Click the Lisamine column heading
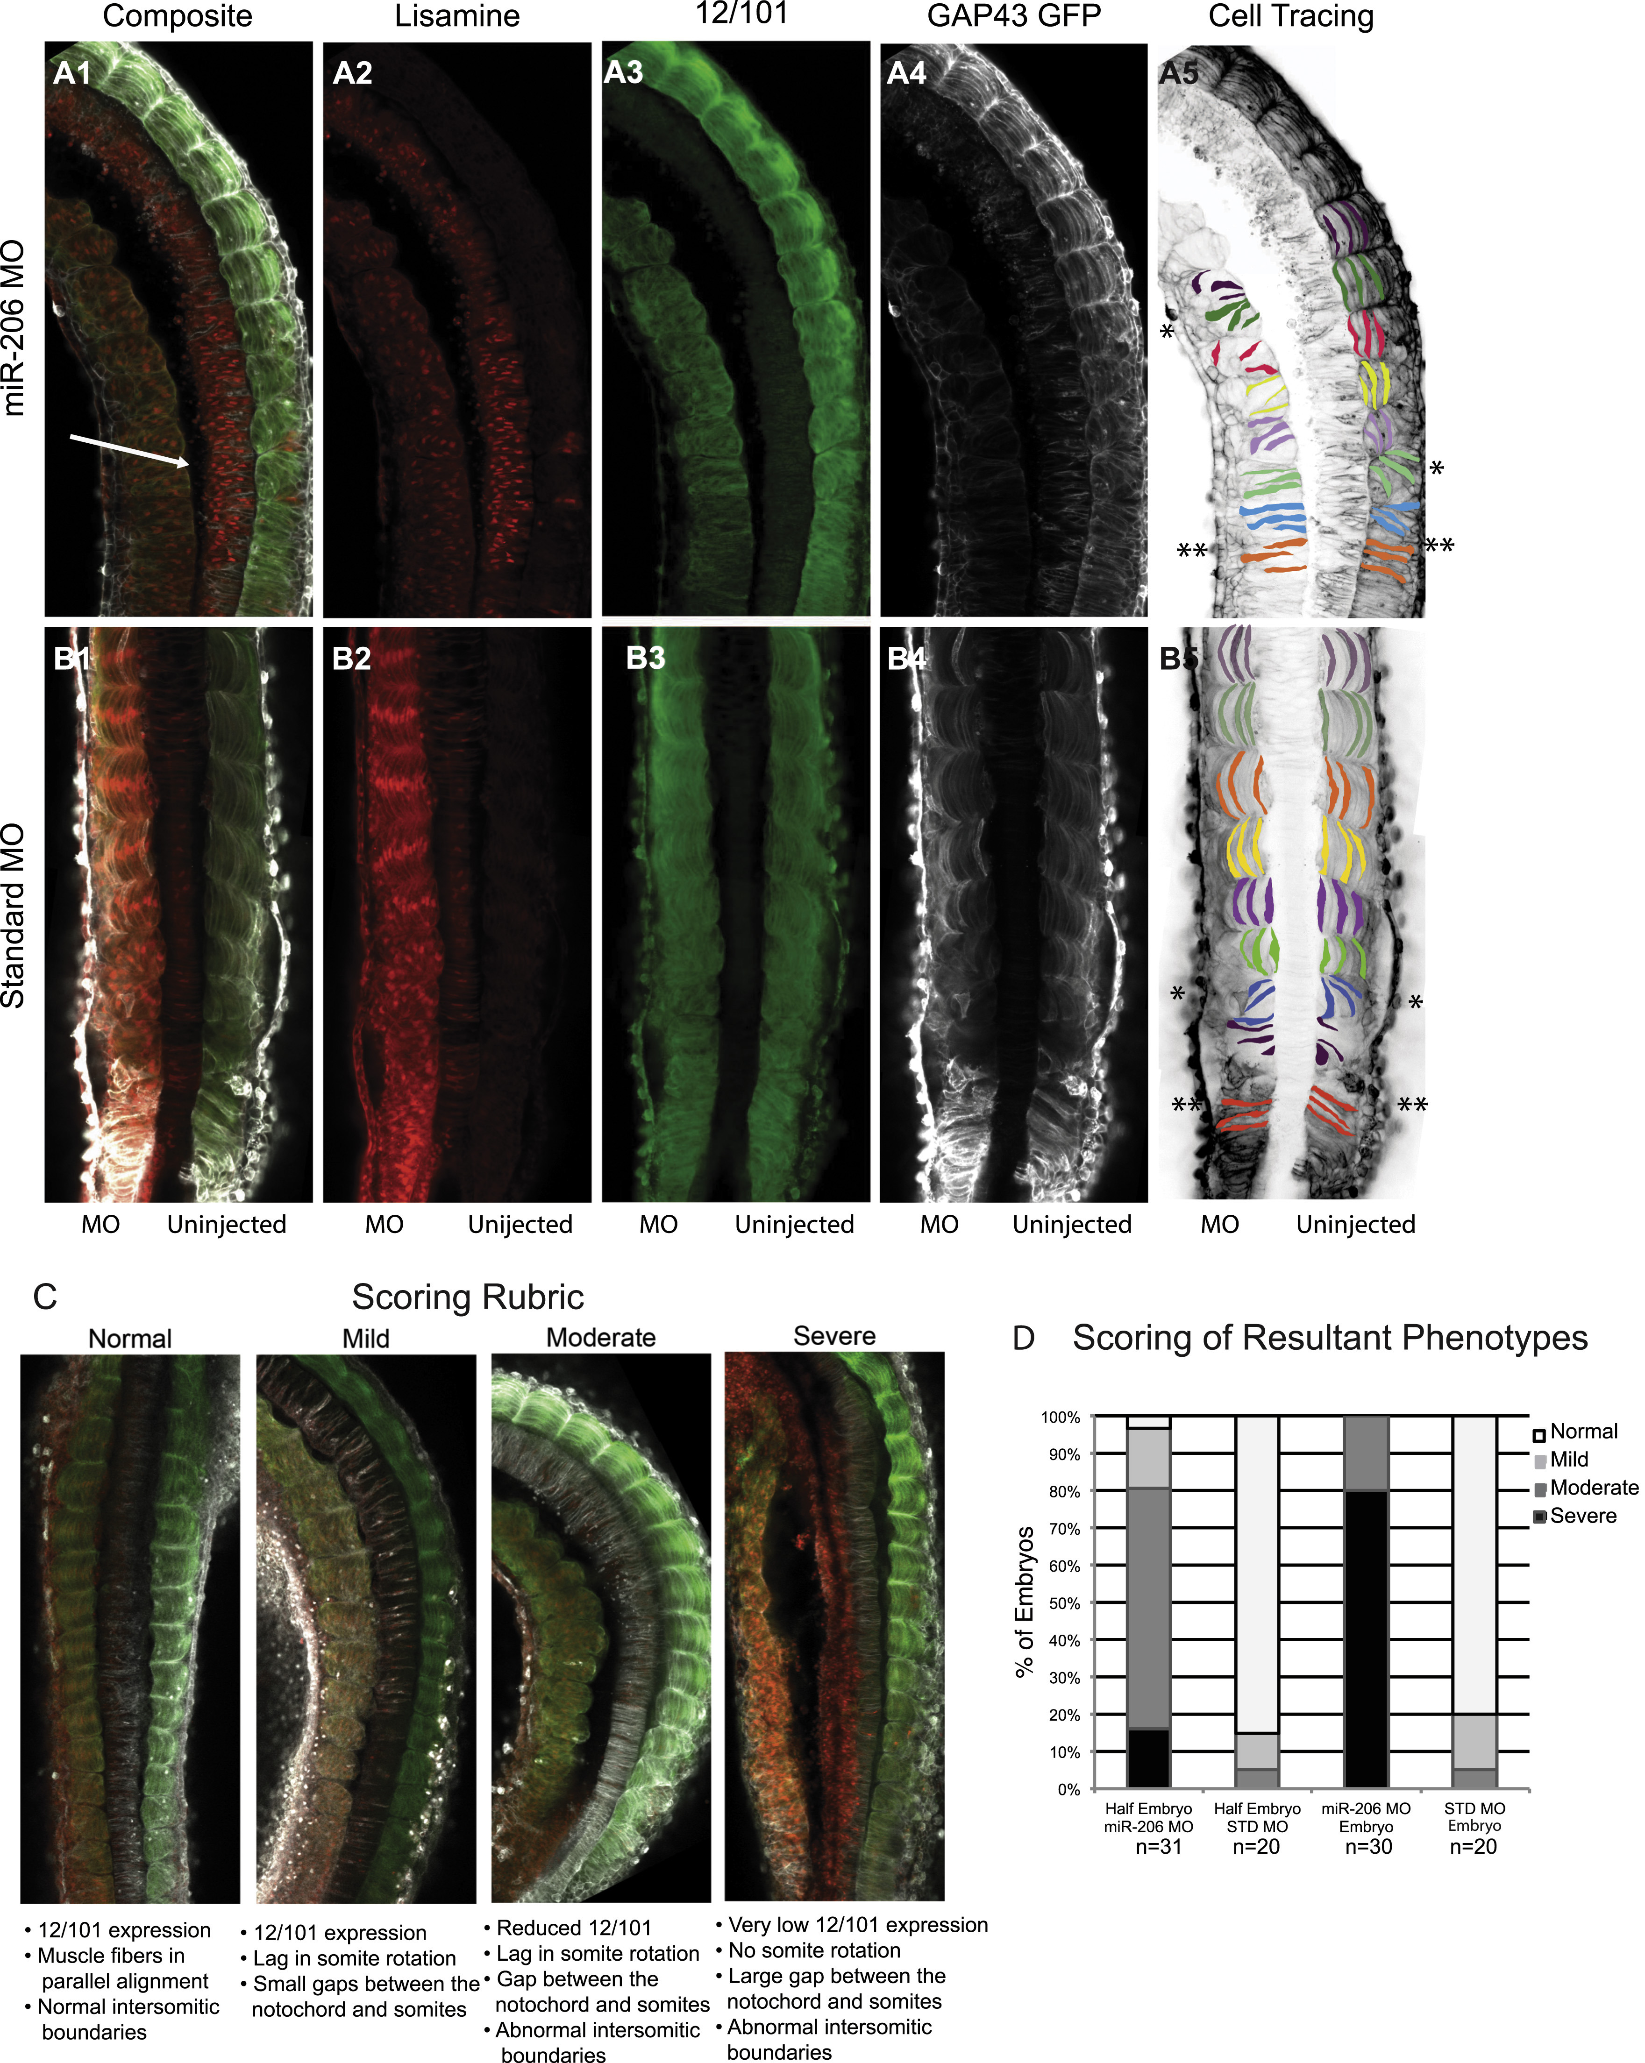(457, 16)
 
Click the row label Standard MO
(14, 917)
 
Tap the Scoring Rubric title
(468, 1297)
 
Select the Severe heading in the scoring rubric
(834, 1336)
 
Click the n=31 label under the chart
(1159, 1847)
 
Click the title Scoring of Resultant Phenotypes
(1330, 1338)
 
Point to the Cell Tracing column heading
(1291, 16)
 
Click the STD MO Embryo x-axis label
(1474, 1817)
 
